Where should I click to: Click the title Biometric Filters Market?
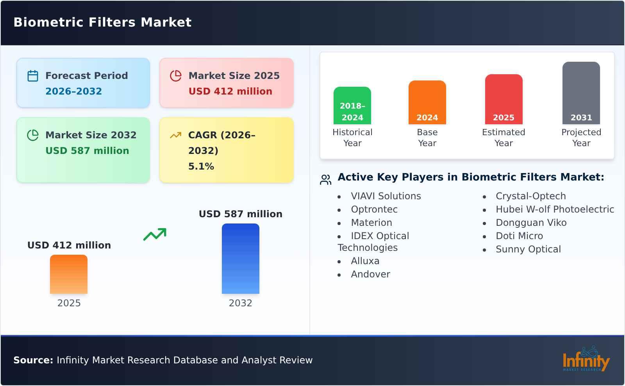(102, 22)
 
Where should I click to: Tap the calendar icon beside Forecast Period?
(33, 76)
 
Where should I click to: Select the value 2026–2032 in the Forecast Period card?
(73, 91)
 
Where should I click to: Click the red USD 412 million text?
(230, 91)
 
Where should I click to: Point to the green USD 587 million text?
(87, 151)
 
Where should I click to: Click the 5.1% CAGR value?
(201, 166)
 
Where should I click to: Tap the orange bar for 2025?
(69, 274)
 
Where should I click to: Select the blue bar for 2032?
(240, 259)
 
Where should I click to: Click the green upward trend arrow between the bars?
(155, 234)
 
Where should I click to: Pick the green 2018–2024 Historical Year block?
(352, 105)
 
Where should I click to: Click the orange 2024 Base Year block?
(427, 102)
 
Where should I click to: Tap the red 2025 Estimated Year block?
(504, 99)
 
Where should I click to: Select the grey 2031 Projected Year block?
(581, 93)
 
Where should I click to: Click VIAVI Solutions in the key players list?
(386, 196)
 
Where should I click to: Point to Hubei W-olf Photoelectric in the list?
(555, 209)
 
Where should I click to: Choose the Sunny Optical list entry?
(528, 249)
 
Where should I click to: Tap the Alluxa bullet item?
(365, 261)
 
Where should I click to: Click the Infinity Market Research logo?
(586, 359)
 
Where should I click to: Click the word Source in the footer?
(33, 360)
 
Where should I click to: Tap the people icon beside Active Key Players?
(325, 180)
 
